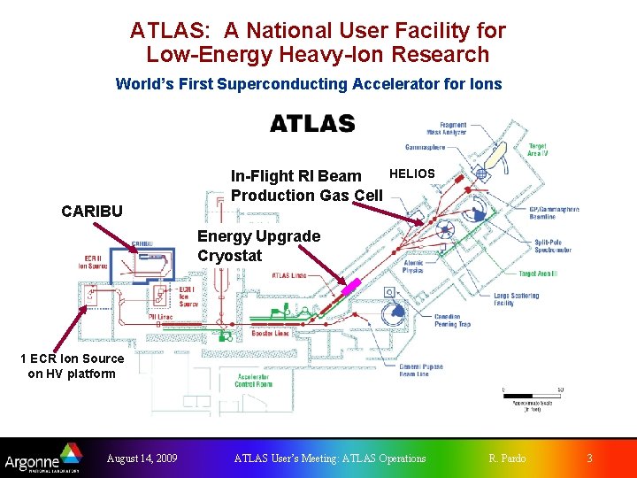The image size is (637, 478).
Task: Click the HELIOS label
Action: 412,173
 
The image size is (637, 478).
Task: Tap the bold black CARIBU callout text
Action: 91,212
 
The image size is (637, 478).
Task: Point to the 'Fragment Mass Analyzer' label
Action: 448,129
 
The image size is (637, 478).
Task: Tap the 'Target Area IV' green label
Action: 537,150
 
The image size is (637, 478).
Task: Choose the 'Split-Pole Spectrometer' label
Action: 553,246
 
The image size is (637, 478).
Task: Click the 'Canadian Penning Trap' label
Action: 452,320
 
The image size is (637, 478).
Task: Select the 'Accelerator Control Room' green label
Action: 253,381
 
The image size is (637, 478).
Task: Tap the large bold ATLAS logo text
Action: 312,124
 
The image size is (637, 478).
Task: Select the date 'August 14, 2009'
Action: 142,459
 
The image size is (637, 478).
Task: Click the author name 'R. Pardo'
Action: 507,459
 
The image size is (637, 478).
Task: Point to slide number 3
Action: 589,459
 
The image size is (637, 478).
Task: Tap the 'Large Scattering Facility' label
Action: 516,300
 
